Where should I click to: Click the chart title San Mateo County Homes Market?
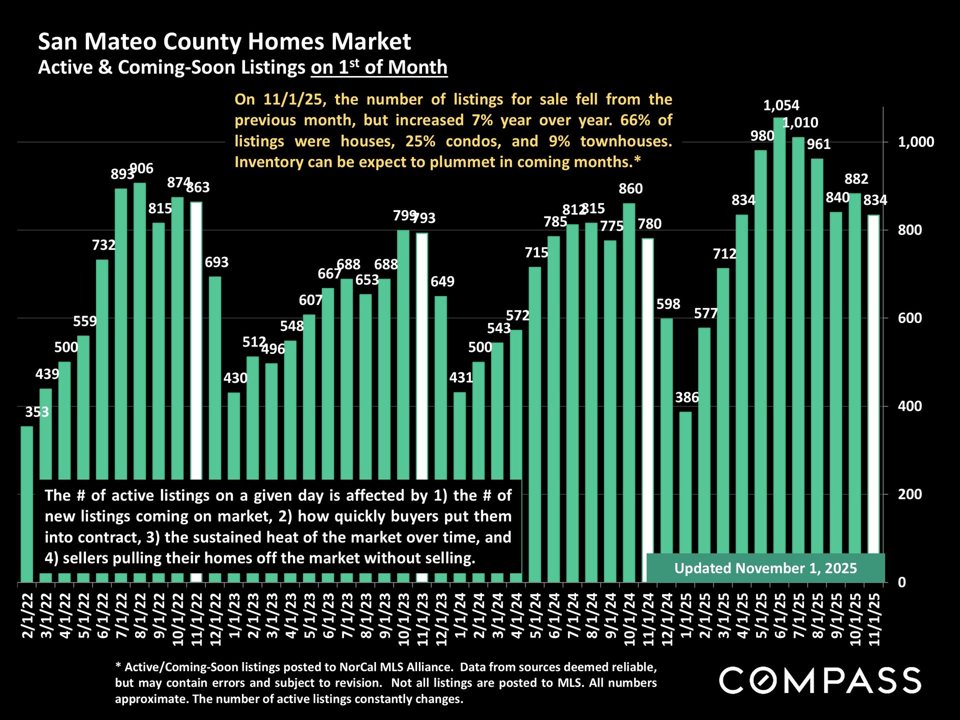click(x=224, y=41)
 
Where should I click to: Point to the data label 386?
click(x=686, y=397)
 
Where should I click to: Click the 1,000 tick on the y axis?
click(x=915, y=142)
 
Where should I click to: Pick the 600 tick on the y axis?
click(x=909, y=318)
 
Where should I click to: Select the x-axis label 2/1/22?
click(x=27, y=615)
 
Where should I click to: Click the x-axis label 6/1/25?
click(x=780, y=615)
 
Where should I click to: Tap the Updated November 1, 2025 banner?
click(x=765, y=568)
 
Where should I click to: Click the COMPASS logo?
click(x=820, y=680)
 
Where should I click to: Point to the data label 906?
click(x=142, y=168)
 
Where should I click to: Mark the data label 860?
click(x=630, y=188)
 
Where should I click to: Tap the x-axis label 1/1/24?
click(x=460, y=615)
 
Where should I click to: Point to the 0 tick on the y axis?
click(x=901, y=582)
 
